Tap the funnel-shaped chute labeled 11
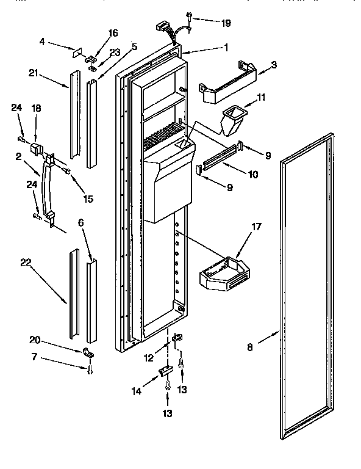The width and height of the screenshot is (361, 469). coord(232,121)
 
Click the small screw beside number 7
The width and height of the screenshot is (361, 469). coord(89,368)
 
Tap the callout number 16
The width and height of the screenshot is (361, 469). coord(96,32)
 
